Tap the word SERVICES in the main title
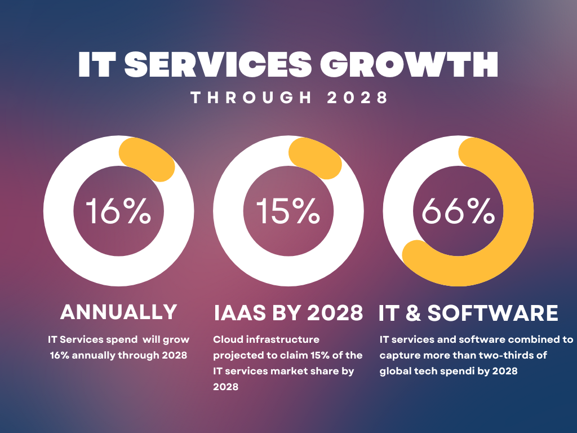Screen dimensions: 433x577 coord(218,65)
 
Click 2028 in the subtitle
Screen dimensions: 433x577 coord(358,98)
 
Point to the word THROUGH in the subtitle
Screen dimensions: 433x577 coord(251,98)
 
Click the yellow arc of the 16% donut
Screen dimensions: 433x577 coord(149,159)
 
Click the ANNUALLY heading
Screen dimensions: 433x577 coord(118,312)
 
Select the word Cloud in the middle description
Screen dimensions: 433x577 coord(225,340)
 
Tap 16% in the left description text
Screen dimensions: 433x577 coord(60,356)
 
